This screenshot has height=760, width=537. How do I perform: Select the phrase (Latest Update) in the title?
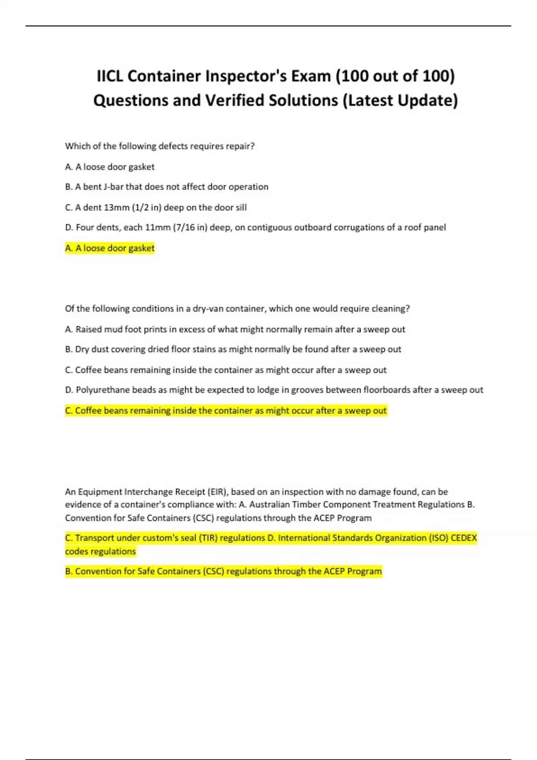[x=400, y=100]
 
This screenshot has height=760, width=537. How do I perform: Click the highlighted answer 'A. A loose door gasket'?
[x=110, y=248]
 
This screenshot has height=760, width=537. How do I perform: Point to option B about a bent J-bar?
[x=166, y=187]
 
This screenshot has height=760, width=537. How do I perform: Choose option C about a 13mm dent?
[x=156, y=207]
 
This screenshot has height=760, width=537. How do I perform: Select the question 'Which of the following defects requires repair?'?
[x=160, y=146]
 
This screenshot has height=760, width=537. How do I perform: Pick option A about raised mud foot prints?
[x=235, y=329]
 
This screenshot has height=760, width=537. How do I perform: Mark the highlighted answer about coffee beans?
[x=226, y=410]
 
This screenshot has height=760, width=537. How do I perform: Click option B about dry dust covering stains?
[x=233, y=349]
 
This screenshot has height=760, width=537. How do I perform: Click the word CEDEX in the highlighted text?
[x=464, y=538]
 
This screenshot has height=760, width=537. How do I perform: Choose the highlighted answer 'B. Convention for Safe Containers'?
[x=223, y=571]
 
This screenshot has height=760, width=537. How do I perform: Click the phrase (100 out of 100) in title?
[x=395, y=76]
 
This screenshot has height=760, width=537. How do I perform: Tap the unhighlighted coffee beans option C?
[x=226, y=370]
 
